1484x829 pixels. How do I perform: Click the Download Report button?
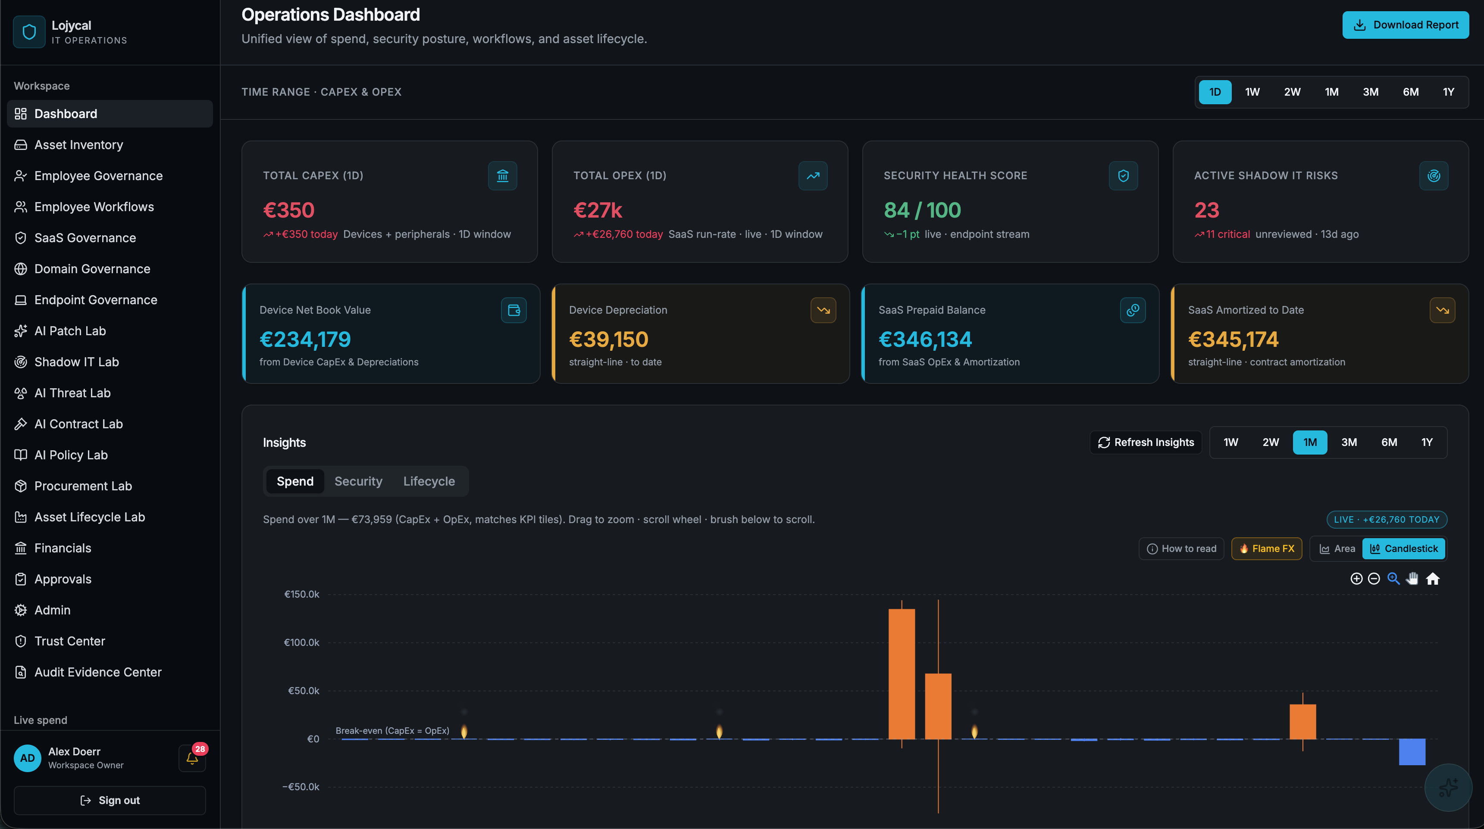(1405, 25)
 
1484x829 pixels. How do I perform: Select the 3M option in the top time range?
(1371, 92)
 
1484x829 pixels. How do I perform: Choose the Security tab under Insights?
(358, 481)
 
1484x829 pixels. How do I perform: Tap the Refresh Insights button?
(1146, 442)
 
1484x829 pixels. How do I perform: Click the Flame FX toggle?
(1266, 549)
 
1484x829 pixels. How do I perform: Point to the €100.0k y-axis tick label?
(301, 642)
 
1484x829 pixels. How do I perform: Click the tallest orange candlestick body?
(902, 673)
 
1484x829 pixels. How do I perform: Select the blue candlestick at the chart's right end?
(1412, 752)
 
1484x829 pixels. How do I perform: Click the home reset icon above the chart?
(1433, 579)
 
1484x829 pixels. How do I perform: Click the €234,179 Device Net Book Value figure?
(305, 339)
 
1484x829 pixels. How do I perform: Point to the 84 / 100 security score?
(922, 210)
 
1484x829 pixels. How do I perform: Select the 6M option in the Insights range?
(1389, 442)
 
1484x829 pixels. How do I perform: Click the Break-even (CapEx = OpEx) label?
(392, 731)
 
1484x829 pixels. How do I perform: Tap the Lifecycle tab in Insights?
(429, 481)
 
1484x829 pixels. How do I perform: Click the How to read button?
(1182, 549)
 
